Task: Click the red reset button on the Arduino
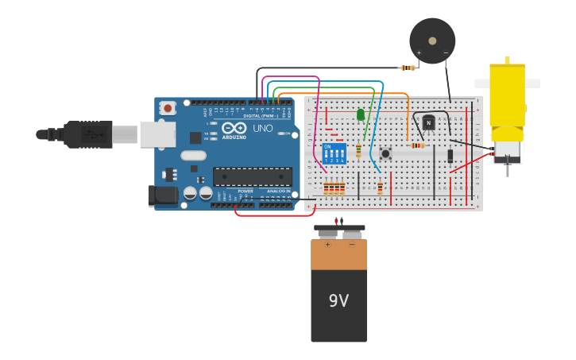click(167, 108)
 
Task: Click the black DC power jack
click(163, 195)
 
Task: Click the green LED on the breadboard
click(361, 115)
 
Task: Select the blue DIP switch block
click(334, 153)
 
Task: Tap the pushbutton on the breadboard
click(385, 153)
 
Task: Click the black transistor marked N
click(428, 122)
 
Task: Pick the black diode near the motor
click(450, 156)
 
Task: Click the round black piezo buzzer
click(432, 41)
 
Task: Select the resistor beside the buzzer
click(408, 68)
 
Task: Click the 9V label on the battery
click(338, 300)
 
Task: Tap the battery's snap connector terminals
click(339, 231)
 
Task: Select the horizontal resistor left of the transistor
click(418, 145)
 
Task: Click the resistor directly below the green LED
click(358, 150)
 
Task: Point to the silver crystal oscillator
click(193, 156)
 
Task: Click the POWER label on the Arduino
click(245, 192)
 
